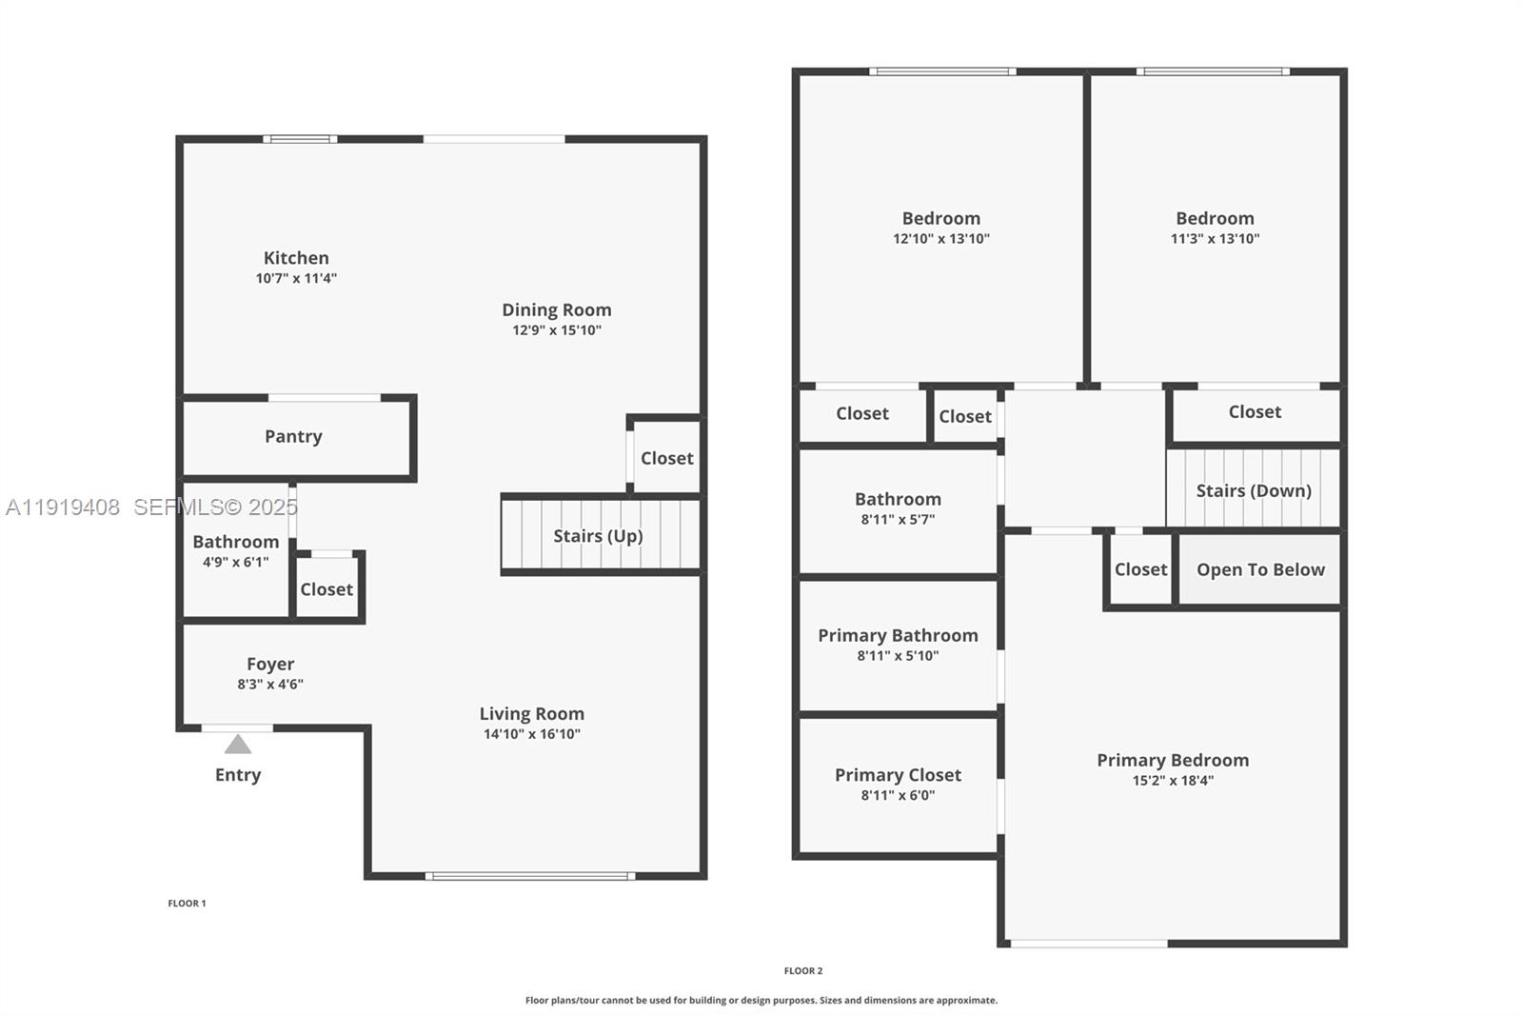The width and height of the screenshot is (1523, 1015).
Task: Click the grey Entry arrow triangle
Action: [238, 745]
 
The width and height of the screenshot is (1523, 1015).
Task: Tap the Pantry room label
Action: [293, 436]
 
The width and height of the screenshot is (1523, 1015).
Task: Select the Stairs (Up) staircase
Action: [599, 536]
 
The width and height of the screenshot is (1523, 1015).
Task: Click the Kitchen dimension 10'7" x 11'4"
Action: [296, 278]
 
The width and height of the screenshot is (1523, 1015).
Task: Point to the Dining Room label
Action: [557, 309]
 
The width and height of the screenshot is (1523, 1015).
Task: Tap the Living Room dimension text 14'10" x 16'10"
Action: [531, 734]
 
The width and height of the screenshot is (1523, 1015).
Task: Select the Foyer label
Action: [270, 664]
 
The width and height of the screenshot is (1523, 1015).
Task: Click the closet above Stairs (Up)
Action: [666, 458]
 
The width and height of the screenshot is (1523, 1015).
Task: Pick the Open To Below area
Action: [1260, 569]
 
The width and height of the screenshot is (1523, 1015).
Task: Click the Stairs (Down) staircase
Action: [1254, 490]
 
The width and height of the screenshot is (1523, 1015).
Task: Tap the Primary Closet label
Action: [898, 775]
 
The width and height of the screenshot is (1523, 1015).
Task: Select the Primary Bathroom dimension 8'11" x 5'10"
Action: [898, 656]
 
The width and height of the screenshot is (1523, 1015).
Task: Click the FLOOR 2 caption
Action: [803, 971]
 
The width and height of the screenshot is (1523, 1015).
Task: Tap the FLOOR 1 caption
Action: [187, 904]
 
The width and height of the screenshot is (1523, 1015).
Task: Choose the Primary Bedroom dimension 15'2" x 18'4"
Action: [1173, 781]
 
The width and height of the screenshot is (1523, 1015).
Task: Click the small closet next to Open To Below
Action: [1140, 569]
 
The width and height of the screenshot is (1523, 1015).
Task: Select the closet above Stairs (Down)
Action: [1255, 412]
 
